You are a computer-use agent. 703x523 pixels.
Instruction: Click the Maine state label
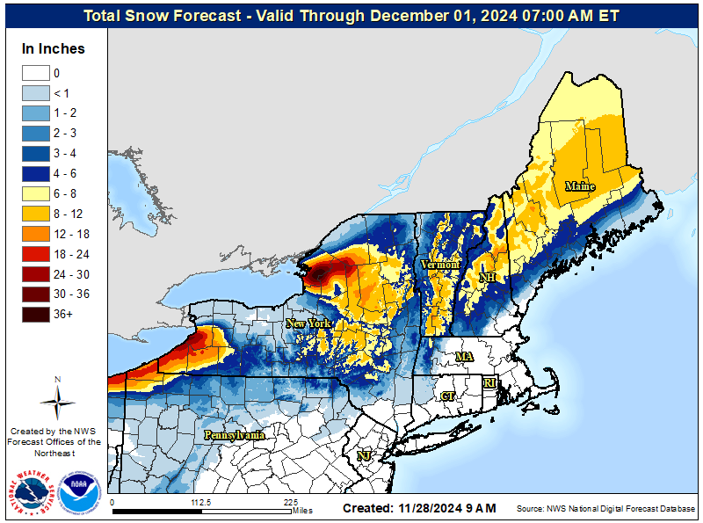coord(579,186)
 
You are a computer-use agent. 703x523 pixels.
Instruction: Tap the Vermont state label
coord(440,264)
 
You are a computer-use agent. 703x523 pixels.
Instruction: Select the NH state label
coord(487,278)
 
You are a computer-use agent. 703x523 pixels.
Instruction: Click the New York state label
coord(308,323)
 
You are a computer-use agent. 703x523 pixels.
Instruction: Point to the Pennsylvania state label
coord(235,435)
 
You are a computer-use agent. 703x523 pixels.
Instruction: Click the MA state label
coord(464,357)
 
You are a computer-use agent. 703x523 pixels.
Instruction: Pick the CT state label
coord(447,396)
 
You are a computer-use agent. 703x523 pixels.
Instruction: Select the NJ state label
coord(363,455)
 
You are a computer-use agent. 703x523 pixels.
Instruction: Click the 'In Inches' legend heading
coord(53,49)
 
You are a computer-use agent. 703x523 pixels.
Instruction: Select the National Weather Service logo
coord(33,492)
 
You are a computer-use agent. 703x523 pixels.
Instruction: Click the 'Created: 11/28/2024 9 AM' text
coord(419,508)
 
